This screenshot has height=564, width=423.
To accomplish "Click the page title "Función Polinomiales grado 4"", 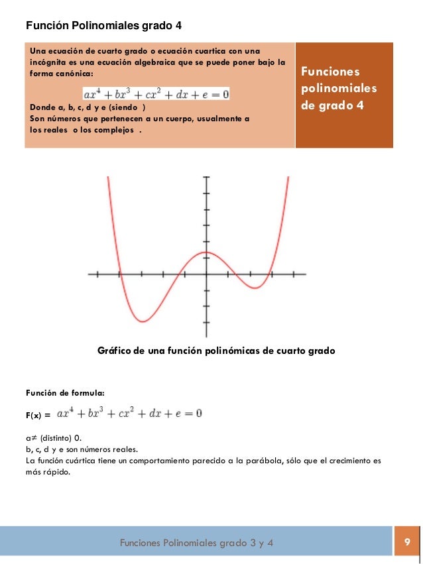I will (103, 26).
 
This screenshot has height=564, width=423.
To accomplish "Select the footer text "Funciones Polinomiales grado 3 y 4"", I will (196, 544).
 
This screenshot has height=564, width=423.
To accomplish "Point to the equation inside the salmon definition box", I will (156, 95).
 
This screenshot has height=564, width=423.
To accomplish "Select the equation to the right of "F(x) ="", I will (130, 414).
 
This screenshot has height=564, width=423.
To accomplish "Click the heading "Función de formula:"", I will (65, 393).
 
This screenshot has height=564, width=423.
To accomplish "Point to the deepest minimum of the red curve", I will (143, 321).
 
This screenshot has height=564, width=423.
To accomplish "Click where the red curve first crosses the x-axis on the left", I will (120, 274).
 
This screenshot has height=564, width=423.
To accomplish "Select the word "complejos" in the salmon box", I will (113, 129).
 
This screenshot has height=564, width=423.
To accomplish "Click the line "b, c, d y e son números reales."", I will (82, 449).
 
